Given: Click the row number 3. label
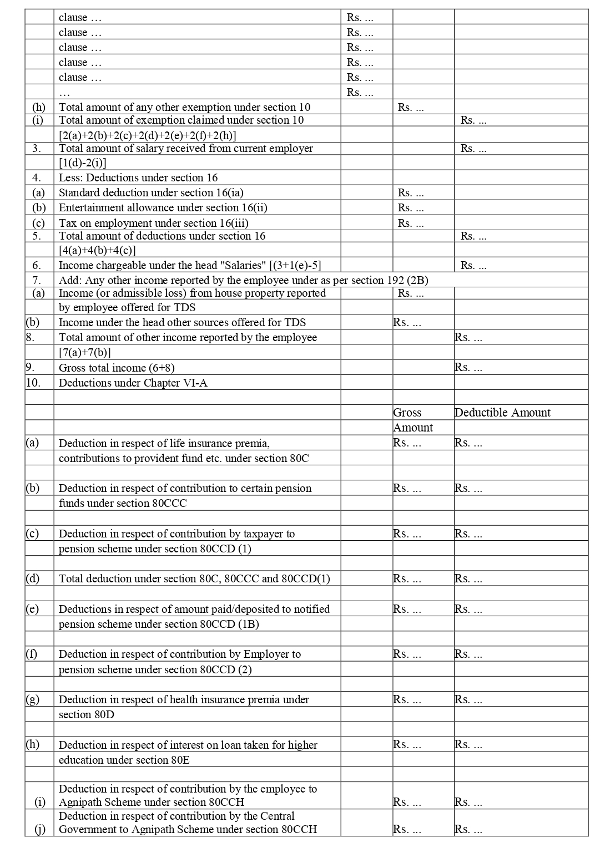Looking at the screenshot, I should click(36, 149).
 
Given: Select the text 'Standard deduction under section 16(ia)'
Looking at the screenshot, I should click(151, 193).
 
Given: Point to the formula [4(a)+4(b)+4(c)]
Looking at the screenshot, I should click(97, 250).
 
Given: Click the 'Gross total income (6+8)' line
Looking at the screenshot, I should click(117, 368).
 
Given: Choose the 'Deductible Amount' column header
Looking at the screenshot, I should click(502, 413).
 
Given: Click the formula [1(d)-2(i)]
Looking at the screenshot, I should click(83, 163).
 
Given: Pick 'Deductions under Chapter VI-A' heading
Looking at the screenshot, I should click(133, 383).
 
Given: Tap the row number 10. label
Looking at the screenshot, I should click(33, 383).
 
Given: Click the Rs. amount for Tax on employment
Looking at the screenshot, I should click(411, 224).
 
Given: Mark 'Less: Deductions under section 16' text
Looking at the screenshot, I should click(138, 178).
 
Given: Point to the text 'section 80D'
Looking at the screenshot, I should click(87, 715).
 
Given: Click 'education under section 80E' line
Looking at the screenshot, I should click(124, 760).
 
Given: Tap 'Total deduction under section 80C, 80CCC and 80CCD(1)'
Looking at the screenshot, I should click(194, 579).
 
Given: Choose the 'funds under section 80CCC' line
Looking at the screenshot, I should click(123, 504).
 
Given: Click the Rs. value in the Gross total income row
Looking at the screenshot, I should click(468, 368).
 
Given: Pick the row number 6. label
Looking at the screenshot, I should click(36, 266).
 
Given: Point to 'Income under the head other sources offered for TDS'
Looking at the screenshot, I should click(182, 323).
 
